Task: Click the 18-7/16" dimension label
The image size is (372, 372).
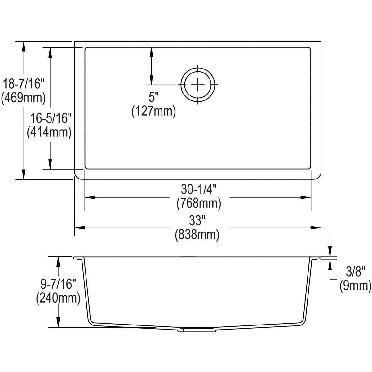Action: [24, 84]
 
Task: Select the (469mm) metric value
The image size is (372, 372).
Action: [24, 98]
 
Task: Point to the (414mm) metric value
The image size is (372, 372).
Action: [49, 132]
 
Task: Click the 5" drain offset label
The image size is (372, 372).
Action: [153, 97]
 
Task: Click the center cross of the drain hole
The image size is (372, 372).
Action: [198, 85]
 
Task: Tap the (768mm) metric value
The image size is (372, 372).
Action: [198, 204]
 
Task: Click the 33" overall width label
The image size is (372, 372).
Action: [198, 221]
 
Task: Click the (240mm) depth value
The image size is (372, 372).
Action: [58, 298]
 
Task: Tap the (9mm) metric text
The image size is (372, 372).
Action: [355, 286]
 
